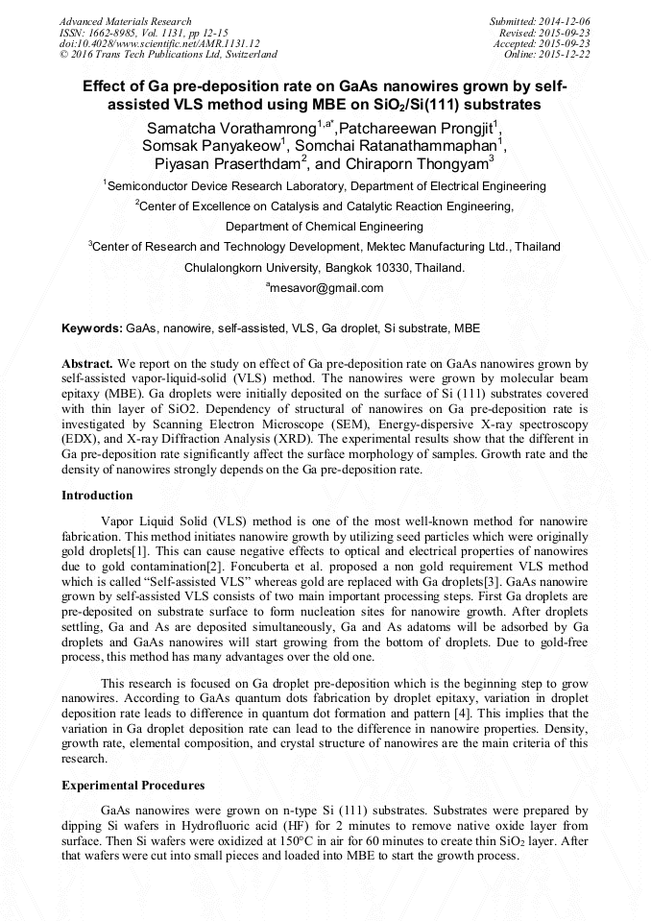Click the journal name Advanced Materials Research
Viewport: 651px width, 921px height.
click(x=125, y=21)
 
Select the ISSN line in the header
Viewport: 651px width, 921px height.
click(x=143, y=33)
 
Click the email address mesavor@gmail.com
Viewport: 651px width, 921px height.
click(x=325, y=288)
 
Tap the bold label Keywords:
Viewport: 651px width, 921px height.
click(x=92, y=328)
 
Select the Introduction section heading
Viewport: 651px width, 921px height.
click(x=97, y=496)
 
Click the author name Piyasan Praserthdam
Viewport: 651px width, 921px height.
click(x=227, y=164)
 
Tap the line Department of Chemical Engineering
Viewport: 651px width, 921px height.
click(x=325, y=227)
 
